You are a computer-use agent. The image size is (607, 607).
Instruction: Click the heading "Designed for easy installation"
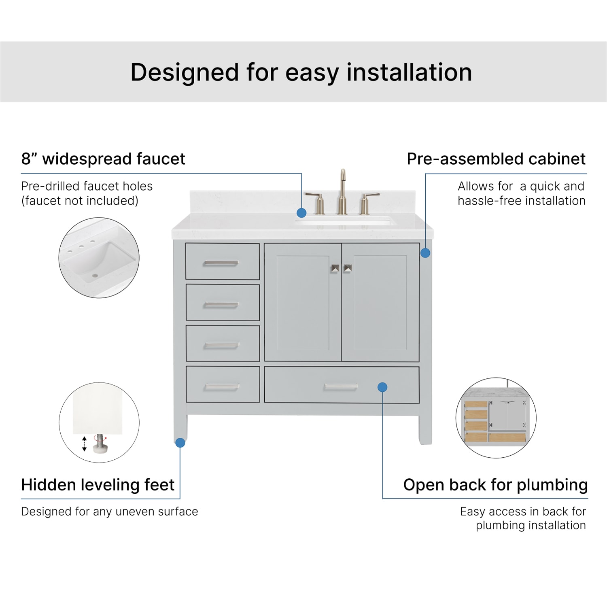pos(301,73)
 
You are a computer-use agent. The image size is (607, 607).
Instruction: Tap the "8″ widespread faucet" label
pos(103,159)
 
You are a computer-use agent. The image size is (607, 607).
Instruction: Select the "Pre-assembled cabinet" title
pos(496,159)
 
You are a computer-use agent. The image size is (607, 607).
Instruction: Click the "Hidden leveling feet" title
pos(98,484)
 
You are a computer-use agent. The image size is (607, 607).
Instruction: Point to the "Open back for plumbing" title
pos(495,485)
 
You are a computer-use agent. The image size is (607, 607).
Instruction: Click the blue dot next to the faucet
pos(301,213)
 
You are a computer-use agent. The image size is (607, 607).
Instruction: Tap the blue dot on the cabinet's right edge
pos(425,253)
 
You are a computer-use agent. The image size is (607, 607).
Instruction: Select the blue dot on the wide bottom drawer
pos(382,387)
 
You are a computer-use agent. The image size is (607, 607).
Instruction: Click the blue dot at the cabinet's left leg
pos(180,443)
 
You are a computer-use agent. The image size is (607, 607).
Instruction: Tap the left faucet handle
pos(317,203)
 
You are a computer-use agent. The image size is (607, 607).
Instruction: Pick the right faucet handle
pos(367,203)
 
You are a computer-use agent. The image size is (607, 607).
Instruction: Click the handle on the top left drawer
pos(221,263)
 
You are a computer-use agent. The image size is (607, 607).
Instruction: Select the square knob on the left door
pos(335,268)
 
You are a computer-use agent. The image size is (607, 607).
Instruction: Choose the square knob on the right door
pos(348,268)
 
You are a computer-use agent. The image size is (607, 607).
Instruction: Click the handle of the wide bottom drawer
pos(341,387)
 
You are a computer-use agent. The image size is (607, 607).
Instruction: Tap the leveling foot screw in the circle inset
pos(99,443)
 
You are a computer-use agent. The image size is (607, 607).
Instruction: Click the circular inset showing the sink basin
pos(99,258)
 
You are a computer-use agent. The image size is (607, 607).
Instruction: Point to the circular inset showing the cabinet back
pos(496,418)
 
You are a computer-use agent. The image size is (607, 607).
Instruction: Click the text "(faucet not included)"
pos(80,201)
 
